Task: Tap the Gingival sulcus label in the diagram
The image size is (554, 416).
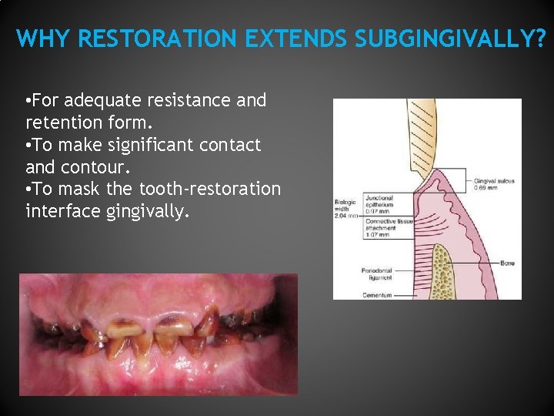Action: click(x=494, y=184)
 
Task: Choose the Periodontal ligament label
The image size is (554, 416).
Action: click(x=377, y=275)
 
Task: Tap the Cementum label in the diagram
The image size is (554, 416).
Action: click(x=377, y=294)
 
